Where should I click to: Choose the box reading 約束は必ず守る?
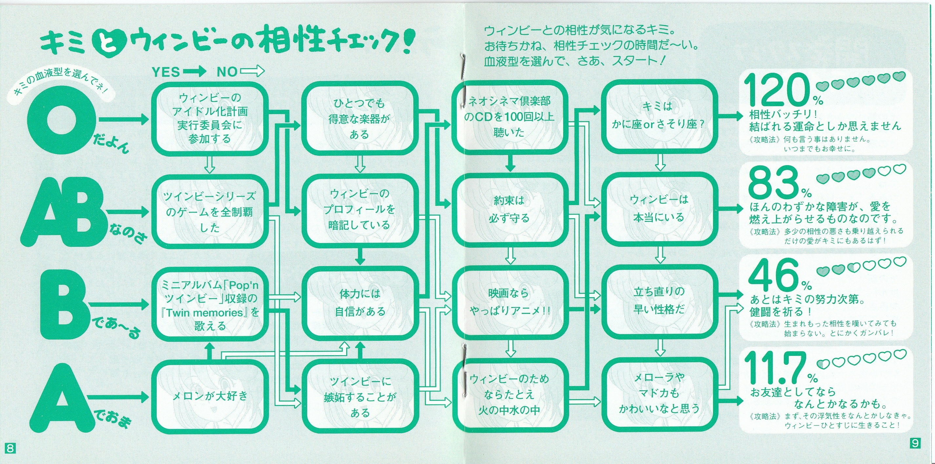point(509,210)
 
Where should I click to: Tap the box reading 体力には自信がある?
point(359,302)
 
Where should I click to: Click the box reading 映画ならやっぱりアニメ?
point(509,302)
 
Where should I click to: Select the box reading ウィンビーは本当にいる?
point(659,209)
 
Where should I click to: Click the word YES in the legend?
point(166,72)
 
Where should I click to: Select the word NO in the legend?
point(227,72)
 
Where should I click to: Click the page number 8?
point(10,448)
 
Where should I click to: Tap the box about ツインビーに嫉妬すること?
point(359,396)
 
